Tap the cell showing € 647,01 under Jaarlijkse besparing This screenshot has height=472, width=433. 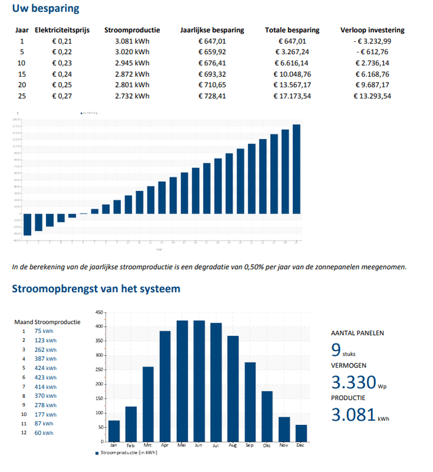click(213, 41)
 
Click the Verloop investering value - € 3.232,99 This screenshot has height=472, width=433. click(372, 41)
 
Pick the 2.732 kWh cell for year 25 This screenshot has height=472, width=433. click(132, 96)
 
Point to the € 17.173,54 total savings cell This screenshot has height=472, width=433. click(293, 96)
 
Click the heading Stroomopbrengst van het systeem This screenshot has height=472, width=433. click(96, 289)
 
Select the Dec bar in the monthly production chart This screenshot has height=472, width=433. click(301, 433)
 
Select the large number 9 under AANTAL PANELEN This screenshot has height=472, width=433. click(336, 351)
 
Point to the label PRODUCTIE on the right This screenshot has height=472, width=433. click(348, 398)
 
